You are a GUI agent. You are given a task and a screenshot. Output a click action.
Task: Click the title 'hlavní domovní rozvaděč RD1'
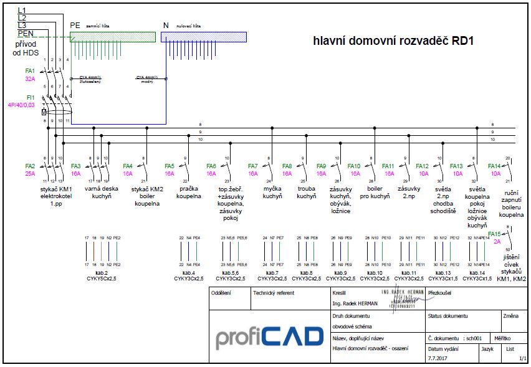393,41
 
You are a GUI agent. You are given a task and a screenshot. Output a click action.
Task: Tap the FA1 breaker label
30,71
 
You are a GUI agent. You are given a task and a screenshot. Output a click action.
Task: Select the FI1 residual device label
29,97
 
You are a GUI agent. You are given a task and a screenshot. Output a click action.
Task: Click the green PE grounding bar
112,37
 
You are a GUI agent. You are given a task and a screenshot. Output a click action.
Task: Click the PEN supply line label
26,33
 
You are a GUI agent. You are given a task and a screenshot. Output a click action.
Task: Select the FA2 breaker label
30,166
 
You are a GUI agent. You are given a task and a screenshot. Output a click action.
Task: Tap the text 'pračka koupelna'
189,192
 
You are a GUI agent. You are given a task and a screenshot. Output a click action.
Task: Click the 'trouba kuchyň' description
306,192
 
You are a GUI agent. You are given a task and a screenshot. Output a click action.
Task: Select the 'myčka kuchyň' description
272,192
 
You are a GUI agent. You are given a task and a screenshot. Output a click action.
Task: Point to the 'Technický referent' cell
274,292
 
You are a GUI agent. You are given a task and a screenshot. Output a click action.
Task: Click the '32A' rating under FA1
30,79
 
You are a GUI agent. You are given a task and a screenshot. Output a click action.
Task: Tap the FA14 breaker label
494,166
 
